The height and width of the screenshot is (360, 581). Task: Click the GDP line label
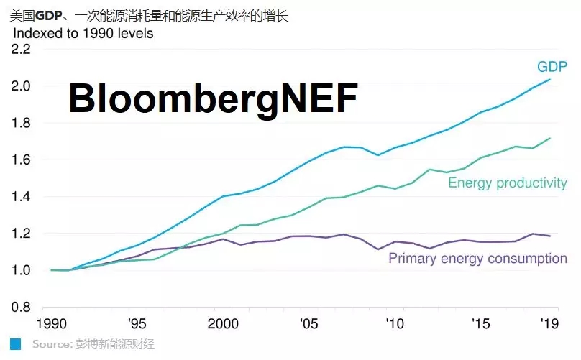pos(551,67)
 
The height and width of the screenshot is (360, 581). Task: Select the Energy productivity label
pos(507,183)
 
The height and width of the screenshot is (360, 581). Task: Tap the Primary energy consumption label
pos(477,258)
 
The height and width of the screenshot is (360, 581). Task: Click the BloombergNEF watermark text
pos(213,98)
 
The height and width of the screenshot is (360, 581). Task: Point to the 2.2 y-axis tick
pos(22,49)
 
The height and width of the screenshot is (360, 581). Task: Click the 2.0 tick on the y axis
pos(22,86)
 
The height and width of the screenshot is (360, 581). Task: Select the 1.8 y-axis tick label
pos(22,123)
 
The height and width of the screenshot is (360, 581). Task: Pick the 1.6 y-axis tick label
pos(22,160)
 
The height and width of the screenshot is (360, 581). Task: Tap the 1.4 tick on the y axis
pos(22,196)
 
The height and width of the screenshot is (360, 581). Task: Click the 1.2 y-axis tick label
pos(22,234)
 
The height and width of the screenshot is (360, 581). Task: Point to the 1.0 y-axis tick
pos(22,270)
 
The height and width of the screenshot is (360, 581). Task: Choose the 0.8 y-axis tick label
pos(22,307)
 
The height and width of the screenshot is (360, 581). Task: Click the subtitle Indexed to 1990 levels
pos(83,33)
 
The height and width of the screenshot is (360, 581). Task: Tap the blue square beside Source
pos(14,344)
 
